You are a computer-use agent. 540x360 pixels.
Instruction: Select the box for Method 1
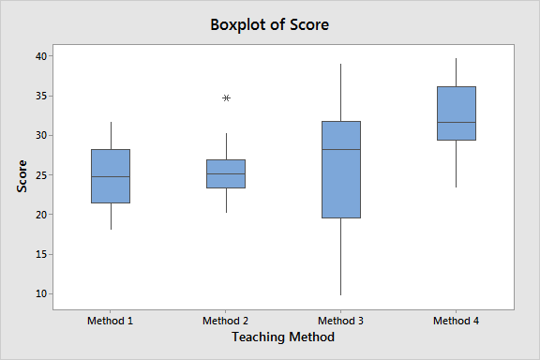coord(111,175)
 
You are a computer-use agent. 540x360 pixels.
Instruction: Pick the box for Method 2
coord(226,173)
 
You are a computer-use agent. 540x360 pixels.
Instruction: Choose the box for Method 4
coord(457,112)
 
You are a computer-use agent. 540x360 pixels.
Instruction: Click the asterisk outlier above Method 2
coord(226,97)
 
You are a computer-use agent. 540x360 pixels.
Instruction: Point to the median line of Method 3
coord(341,149)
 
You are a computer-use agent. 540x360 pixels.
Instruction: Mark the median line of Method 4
coord(457,123)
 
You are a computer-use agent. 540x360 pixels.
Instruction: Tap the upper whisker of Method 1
coord(111,135)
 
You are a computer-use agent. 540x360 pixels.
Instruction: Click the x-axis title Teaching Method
coord(283,337)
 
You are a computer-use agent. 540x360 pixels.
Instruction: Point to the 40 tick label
coord(41,56)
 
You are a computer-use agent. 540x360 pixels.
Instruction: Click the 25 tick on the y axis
coord(41,175)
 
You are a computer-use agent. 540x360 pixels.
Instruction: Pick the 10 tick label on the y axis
coord(41,293)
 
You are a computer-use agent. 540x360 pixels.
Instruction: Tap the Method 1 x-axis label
coord(111,321)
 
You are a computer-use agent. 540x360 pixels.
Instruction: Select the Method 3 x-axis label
coord(341,321)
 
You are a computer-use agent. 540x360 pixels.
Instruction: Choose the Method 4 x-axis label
coord(457,321)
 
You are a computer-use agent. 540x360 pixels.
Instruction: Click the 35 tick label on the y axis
coord(41,96)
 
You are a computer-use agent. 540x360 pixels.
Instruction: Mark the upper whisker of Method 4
coord(457,72)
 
